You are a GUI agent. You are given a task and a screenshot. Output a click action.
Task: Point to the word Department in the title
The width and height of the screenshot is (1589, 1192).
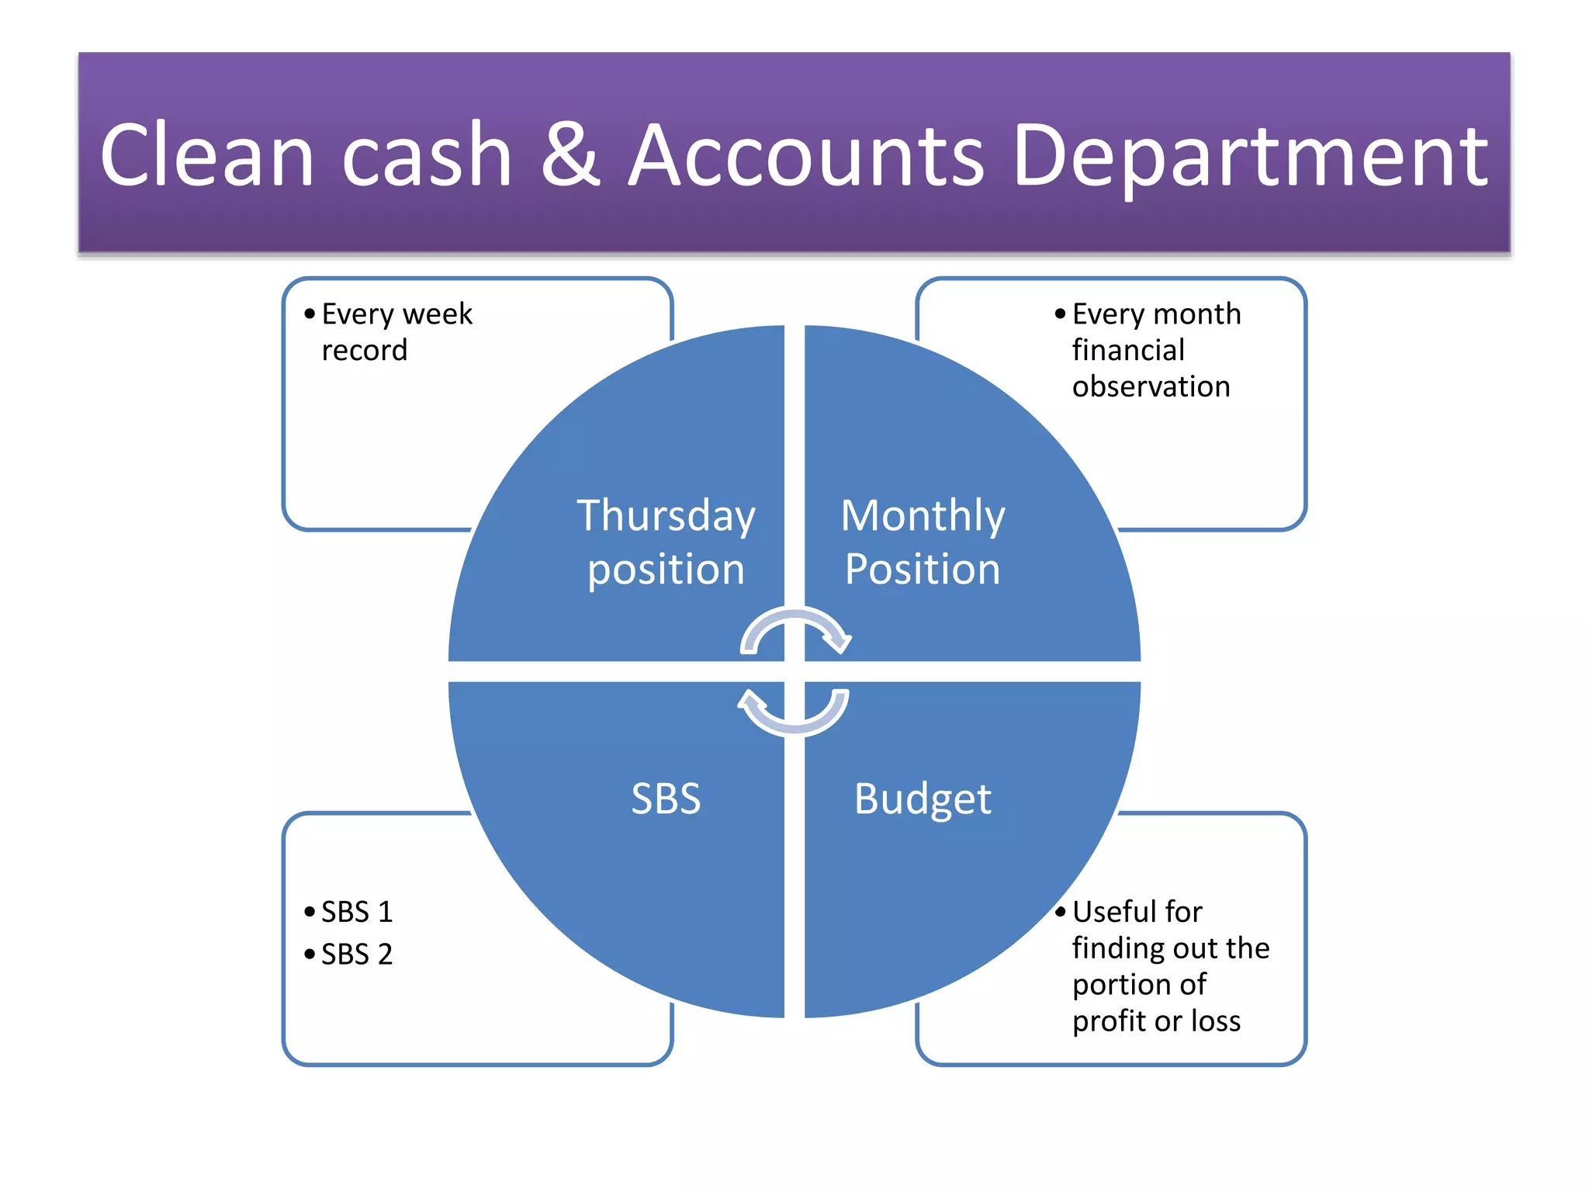[1250, 158]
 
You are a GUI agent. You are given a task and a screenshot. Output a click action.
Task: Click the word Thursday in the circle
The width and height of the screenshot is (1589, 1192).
[666, 517]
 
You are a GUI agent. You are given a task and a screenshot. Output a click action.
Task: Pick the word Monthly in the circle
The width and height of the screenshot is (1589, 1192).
[923, 517]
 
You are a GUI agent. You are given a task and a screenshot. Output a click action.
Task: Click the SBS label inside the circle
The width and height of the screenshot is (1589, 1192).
[666, 799]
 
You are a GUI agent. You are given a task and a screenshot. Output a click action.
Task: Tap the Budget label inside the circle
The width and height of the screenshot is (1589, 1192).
[923, 799]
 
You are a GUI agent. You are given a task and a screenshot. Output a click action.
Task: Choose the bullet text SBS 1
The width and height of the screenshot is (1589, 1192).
[357, 912]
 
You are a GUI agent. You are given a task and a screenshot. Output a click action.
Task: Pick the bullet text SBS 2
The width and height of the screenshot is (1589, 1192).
[357, 955]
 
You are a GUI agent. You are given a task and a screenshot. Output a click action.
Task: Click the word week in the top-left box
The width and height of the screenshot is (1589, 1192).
[438, 314]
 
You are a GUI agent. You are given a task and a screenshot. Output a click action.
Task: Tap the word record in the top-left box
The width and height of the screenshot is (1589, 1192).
[365, 351]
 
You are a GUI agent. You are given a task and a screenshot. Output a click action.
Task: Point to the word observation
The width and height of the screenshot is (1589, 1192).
[1151, 386]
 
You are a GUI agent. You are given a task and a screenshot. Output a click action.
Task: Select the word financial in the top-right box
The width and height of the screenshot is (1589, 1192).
[1128, 351]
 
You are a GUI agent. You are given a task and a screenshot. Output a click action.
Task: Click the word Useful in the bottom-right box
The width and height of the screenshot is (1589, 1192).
[1111, 912]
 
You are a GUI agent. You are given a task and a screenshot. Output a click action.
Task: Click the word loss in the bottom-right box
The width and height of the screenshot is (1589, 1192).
[1216, 1021]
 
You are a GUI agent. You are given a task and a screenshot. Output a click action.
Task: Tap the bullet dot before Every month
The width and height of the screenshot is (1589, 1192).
[1061, 314]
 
